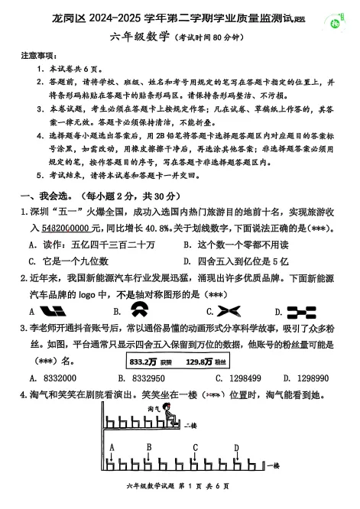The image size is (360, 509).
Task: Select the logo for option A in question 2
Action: tap(53, 310)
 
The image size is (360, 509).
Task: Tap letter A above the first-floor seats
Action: tap(112, 447)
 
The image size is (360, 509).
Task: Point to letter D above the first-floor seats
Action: tap(236, 448)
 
